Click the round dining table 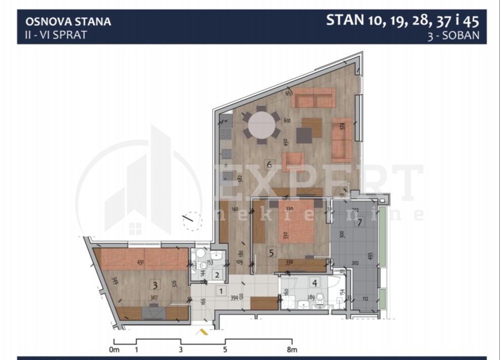262,125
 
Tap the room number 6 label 270,164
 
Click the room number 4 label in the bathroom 315,283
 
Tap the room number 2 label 217,275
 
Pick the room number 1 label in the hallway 220,291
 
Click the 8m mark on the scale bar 292,350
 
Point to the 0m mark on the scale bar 114,350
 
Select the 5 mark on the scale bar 225,350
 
